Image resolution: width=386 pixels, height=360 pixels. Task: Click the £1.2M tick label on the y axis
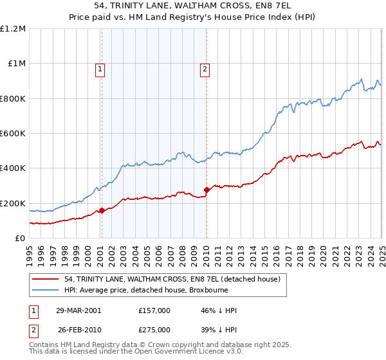(13, 28)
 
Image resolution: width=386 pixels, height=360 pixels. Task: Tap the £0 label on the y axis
(20, 238)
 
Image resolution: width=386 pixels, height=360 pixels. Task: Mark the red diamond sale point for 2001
(102, 210)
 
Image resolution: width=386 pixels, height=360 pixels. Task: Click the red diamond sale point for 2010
(207, 190)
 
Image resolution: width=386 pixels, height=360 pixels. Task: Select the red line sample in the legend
(46, 280)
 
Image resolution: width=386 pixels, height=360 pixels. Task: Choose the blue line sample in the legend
(46, 290)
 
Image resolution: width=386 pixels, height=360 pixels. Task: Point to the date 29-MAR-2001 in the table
(79, 310)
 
